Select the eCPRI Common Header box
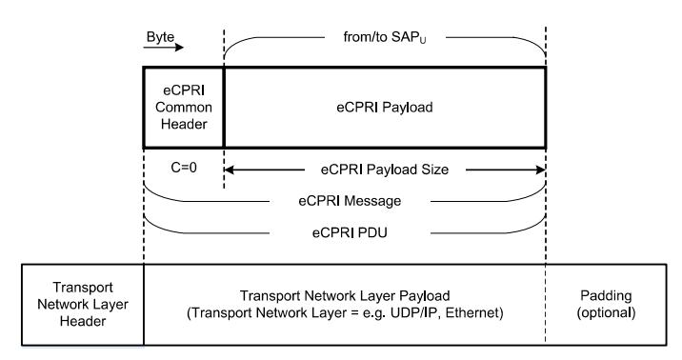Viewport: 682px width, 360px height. (x=183, y=107)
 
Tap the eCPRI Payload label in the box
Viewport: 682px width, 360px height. (x=385, y=107)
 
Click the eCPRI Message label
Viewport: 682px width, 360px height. (x=346, y=201)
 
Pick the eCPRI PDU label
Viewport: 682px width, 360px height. (x=346, y=230)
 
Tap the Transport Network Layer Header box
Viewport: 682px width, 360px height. (x=82, y=304)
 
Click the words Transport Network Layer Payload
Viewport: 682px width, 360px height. (x=345, y=295)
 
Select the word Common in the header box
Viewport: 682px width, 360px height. (x=183, y=108)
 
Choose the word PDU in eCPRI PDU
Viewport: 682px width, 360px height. (x=363, y=230)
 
